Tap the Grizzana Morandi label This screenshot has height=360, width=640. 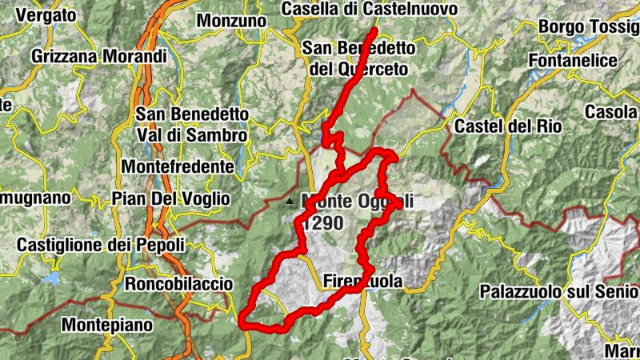click(99, 57)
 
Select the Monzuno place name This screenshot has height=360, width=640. click(231, 20)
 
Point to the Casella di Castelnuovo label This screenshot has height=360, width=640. click(370, 9)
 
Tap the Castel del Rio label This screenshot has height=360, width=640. click(508, 126)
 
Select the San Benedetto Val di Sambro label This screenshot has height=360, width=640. click(191, 125)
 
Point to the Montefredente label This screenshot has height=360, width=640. click(178, 167)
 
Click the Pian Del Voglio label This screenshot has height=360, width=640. click(170, 198)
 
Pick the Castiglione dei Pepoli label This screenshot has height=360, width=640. click(101, 245)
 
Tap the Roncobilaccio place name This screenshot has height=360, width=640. click(178, 284)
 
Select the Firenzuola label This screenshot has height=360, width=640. click(362, 282)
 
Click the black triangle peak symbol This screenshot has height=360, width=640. click(290, 201)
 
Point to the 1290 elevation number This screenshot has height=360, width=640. click(322, 222)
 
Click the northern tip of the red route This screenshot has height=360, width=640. click(374, 30)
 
